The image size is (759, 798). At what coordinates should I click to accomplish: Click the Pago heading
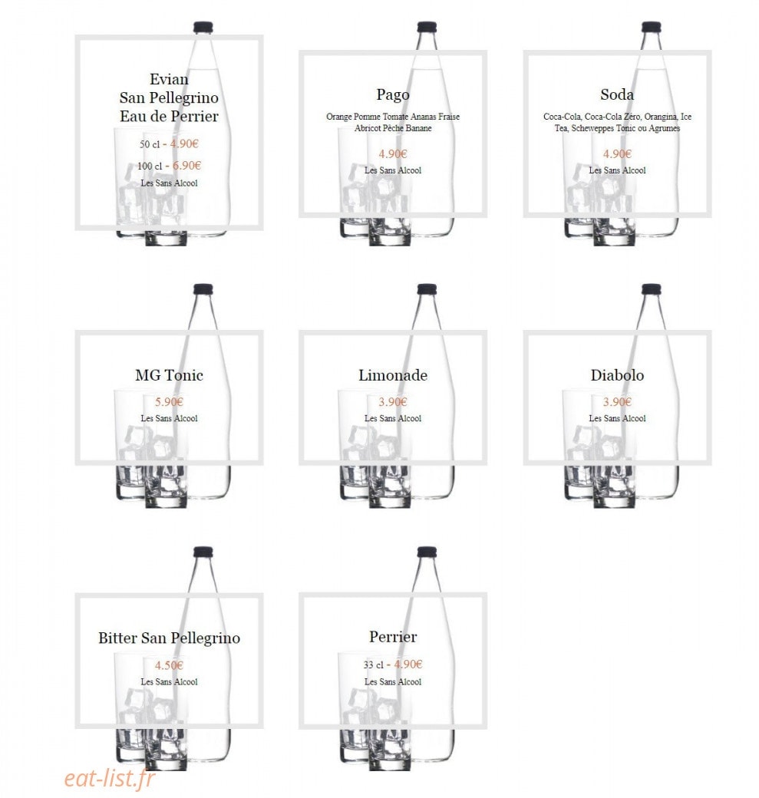pyautogui.click(x=392, y=95)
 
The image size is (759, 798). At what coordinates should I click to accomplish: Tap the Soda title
pyautogui.click(x=617, y=94)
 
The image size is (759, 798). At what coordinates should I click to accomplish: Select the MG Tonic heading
pyautogui.click(x=169, y=375)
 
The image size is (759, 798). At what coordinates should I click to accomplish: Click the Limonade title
pyautogui.click(x=392, y=375)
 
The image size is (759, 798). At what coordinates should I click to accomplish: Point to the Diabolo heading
pyautogui.click(x=617, y=375)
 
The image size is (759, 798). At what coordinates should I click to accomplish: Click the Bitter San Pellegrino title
pyautogui.click(x=169, y=638)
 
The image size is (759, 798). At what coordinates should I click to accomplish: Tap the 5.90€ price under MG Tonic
pyautogui.click(x=169, y=402)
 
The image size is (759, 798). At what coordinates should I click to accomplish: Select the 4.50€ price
pyautogui.click(x=169, y=665)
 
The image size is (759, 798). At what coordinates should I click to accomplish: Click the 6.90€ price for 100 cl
pyautogui.click(x=186, y=166)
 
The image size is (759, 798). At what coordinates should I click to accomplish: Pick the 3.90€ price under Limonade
pyautogui.click(x=392, y=402)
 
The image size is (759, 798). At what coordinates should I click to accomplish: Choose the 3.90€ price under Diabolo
pyautogui.click(x=617, y=402)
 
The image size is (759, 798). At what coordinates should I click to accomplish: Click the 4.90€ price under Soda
pyautogui.click(x=617, y=153)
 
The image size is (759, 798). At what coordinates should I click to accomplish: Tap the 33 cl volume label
pyautogui.click(x=373, y=664)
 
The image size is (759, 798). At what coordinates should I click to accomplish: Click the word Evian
pyautogui.click(x=169, y=79)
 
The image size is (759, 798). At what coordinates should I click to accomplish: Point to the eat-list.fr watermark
pyautogui.click(x=110, y=778)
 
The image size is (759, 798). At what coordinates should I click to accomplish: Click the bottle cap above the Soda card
pyautogui.click(x=651, y=27)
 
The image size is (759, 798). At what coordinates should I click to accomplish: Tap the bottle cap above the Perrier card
pyautogui.click(x=427, y=552)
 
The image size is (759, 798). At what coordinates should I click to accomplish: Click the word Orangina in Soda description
pyautogui.click(x=660, y=117)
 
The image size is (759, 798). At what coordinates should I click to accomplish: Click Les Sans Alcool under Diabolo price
pyautogui.click(x=617, y=418)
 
